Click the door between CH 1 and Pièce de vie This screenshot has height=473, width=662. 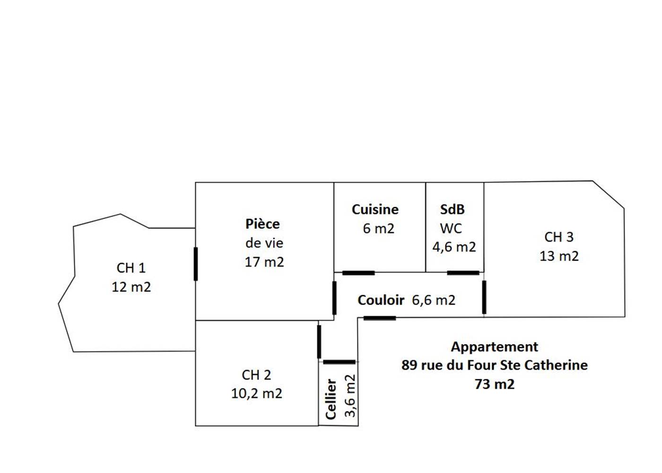(x=196, y=263)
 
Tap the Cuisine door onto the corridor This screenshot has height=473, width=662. (x=358, y=273)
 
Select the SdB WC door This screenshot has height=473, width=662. (x=463, y=273)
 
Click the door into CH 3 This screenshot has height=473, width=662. (x=484, y=297)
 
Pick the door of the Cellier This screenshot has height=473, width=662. (x=339, y=362)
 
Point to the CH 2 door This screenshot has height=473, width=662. (x=319, y=342)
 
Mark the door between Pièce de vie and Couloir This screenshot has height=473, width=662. (x=334, y=298)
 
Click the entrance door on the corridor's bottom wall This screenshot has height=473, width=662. (x=379, y=318)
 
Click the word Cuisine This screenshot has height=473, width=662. (x=375, y=210)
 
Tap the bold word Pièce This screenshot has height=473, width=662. (x=262, y=224)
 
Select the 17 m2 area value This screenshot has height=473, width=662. (x=264, y=262)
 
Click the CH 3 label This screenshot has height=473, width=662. (x=559, y=237)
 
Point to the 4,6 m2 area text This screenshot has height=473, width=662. (x=454, y=247)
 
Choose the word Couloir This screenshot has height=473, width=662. (x=381, y=300)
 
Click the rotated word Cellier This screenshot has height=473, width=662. (x=331, y=399)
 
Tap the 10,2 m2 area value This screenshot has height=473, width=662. (x=256, y=394)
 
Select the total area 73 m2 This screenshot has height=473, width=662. (x=495, y=384)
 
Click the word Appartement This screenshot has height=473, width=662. (x=494, y=347)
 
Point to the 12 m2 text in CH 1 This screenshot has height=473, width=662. (x=131, y=287)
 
